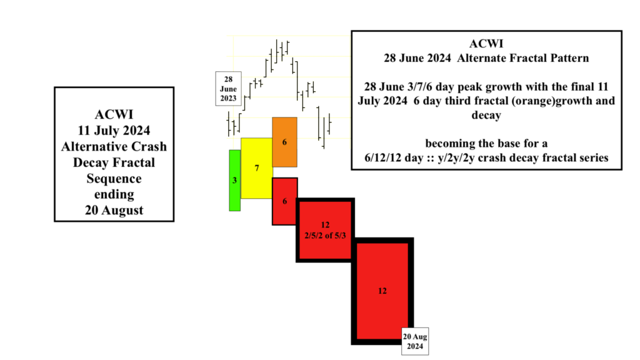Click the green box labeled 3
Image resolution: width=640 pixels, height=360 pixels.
tap(234, 180)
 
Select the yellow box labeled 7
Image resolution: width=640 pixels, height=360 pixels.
tap(256, 168)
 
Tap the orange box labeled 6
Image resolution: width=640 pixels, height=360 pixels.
tap(284, 142)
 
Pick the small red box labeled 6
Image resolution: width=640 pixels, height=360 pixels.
tap(284, 201)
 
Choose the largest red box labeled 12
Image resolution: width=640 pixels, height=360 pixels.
tap(382, 291)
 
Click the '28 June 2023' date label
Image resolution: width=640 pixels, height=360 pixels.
tap(229, 89)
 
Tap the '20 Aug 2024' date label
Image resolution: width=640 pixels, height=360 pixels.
tap(415, 341)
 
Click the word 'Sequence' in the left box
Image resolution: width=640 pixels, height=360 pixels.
tap(114, 179)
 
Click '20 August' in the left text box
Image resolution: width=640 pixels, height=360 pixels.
tap(114, 210)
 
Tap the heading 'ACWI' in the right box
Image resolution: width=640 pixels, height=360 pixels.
tap(486, 44)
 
